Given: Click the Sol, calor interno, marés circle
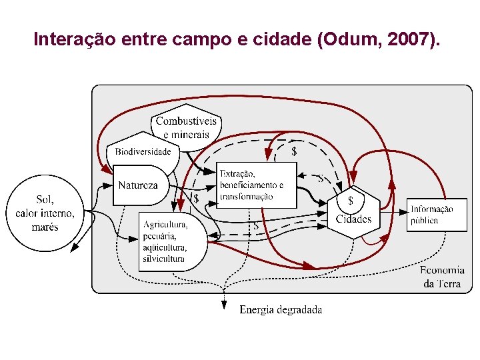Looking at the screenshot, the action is click(45, 213).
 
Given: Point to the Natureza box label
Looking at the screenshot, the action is click(138, 185).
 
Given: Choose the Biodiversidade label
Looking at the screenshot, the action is click(143, 151).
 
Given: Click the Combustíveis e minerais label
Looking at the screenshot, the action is click(186, 127).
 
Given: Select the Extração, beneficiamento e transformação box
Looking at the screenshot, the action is click(257, 185).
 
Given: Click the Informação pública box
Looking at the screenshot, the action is click(437, 214).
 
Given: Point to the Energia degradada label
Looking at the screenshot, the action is click(281, 309).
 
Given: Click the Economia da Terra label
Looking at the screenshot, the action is click(442, 277).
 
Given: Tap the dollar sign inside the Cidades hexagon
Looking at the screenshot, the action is click(351, 200).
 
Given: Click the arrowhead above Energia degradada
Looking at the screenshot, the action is click(223, 305).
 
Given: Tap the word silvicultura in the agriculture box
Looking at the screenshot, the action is click(163, 259).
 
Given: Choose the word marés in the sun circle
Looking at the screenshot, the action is click(45, 227).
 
